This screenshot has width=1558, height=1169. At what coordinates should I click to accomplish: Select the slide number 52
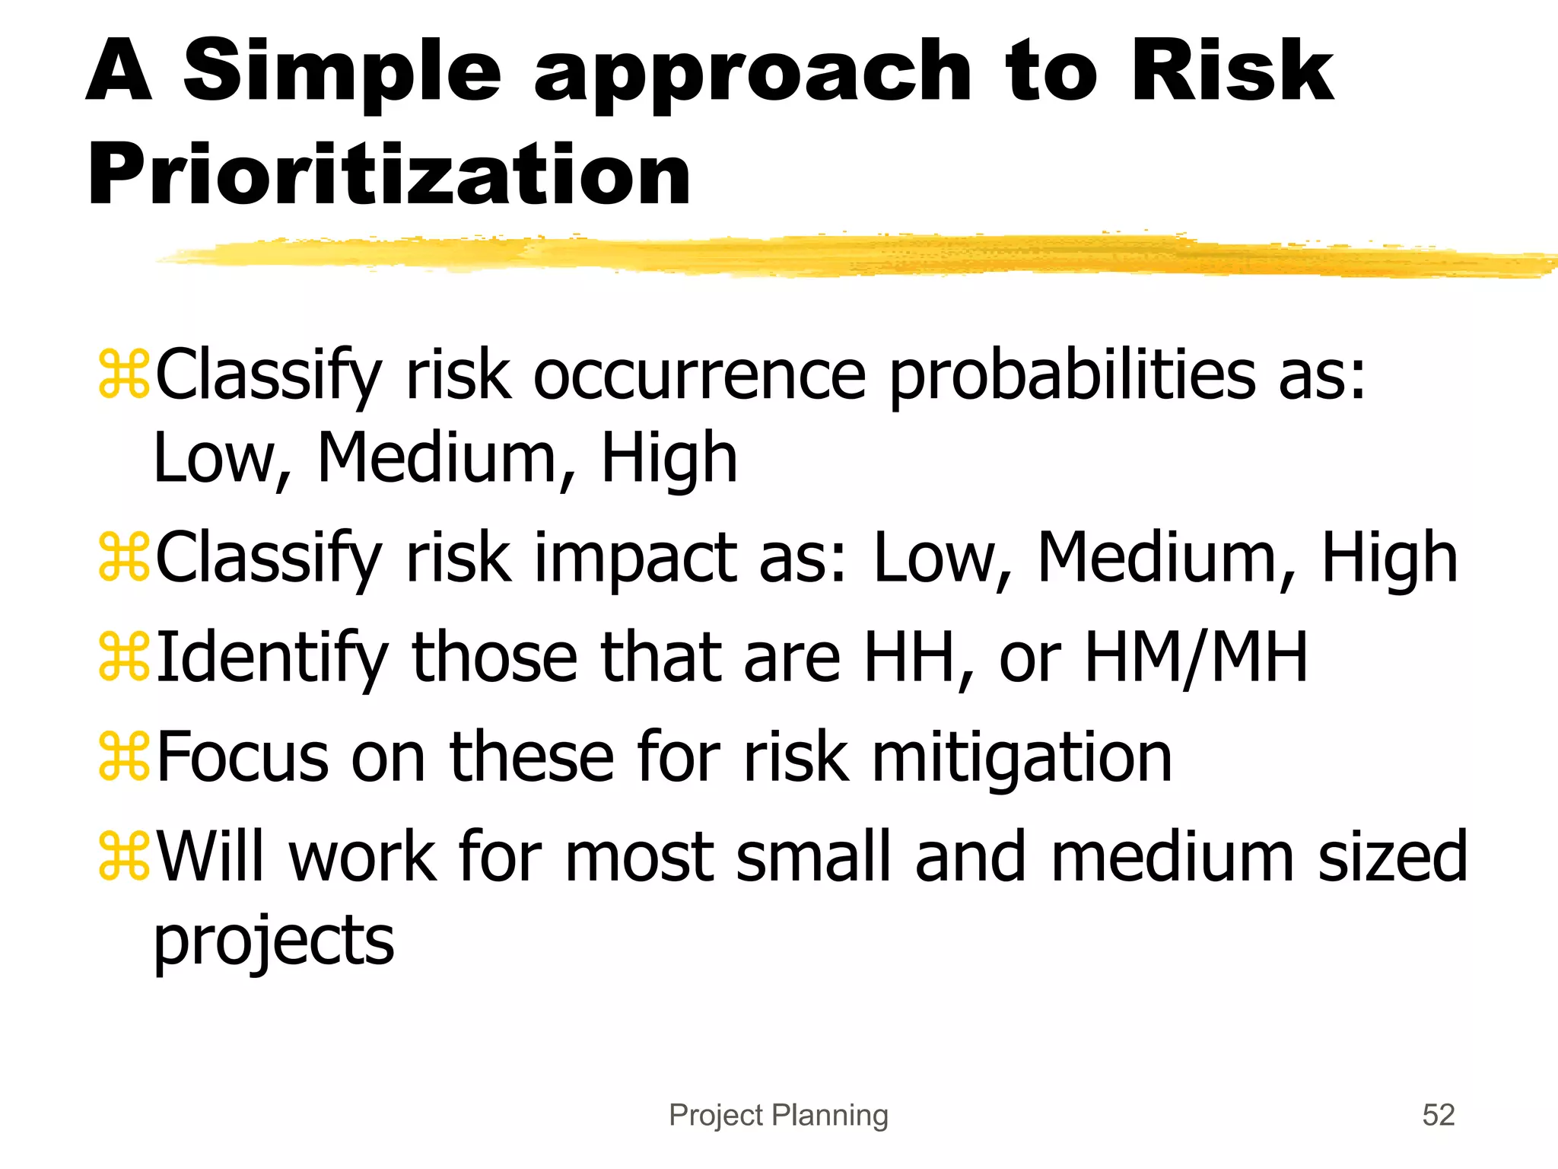[x=1438, y=1115]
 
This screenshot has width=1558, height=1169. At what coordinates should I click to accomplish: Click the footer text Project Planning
[x=778, y=1115]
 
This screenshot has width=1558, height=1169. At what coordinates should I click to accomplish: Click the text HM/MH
[x=1195, y=657]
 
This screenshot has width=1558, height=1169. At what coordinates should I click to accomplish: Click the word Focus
[x=243, y=758]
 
